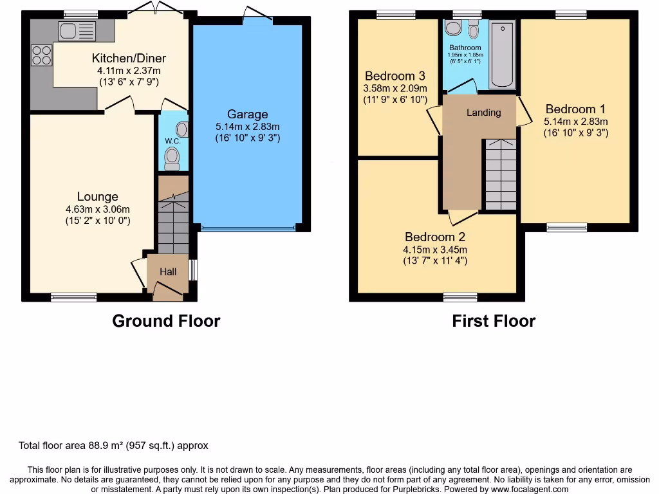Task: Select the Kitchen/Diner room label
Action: point(128,59)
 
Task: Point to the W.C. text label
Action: point(172,141)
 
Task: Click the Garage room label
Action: point(247,114)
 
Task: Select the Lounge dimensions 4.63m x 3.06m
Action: point(98,209)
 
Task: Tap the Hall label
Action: point(168,272)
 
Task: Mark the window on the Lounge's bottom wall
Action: point(74,297)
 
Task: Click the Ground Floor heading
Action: point(166,321)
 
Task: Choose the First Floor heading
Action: point(494,321)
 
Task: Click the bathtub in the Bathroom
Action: point(502,55)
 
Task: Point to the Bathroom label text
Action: point(465,48)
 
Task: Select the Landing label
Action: point(483,113)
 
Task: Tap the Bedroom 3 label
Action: point(395,76)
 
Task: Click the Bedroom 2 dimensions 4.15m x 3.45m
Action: point(435,250)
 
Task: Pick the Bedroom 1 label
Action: point(575,109)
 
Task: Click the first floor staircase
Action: point(500,174)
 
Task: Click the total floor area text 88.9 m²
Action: point(113,445)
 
